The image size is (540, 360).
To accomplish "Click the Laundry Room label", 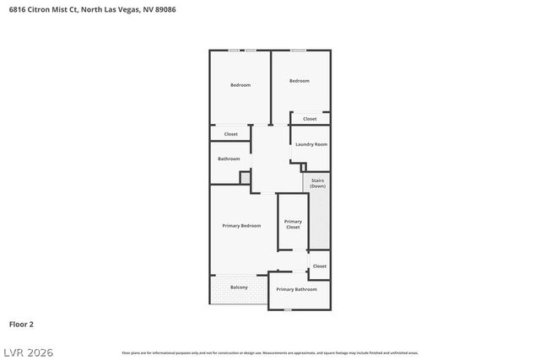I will pos(311,144).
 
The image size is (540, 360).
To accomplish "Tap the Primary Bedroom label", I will pos(241,226).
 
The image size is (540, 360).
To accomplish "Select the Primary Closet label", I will pos(293,223).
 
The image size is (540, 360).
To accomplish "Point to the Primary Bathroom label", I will pos(297,289).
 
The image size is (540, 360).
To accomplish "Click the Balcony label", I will pos(239,287).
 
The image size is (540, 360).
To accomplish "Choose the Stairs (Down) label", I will pos(317,182).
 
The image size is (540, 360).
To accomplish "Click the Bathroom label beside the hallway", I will pos(229,159).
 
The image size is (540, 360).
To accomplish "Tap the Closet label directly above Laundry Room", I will pos(310,119).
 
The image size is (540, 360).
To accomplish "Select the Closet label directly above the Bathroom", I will pos(230,134).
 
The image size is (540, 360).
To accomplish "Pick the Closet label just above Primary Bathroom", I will pos(319,266).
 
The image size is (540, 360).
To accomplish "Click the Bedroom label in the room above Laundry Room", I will pos(300,81).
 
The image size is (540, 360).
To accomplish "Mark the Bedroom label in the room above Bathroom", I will pos(240,84).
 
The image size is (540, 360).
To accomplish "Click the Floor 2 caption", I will pos(21,324).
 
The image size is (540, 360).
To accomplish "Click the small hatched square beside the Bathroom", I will pos(246,178).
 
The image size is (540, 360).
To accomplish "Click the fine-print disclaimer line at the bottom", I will pos(270,352).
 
